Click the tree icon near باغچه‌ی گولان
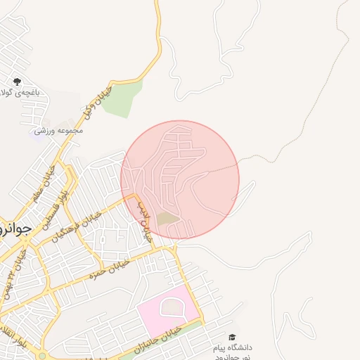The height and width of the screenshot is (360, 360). [x=17, y=82]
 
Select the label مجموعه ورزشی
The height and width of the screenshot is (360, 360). [x=63, y=130]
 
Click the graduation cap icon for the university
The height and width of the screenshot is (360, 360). [x=232, y=337]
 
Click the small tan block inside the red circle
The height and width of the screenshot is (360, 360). [x=167, y=219]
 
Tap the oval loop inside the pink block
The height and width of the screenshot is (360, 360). [x=172, y=306]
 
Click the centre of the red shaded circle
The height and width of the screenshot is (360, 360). [x=180, y=179]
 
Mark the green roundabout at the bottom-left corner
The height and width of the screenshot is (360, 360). [x=42, y=356]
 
